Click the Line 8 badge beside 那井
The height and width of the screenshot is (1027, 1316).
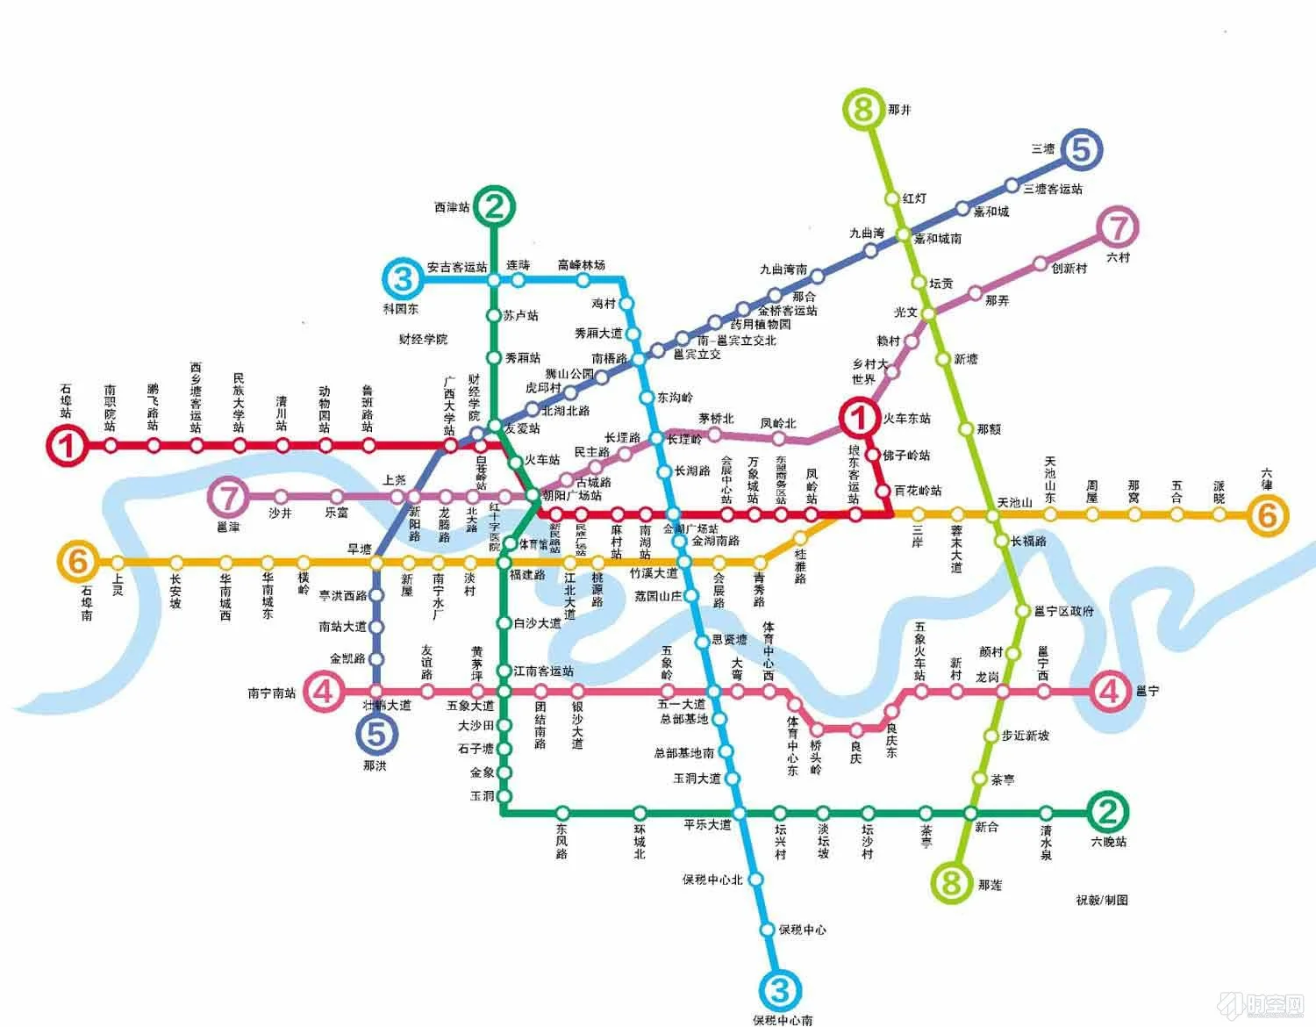tap(862, 110)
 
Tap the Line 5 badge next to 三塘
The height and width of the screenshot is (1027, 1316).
tap(1081, 150)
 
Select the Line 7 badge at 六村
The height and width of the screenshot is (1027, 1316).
tap(1117, 228)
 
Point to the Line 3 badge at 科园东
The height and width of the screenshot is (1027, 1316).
tap(403, 279)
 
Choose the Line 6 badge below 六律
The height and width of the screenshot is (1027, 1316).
tap(1267, 515)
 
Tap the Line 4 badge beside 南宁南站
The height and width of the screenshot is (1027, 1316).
tap(324, 692)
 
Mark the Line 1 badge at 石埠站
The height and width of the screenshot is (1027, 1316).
tap(67, 446)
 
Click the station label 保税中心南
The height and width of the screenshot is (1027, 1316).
tap(783, 1020)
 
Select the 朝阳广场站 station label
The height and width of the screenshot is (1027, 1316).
tap(572, 496)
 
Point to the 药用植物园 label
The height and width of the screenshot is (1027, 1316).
tap(761, 325)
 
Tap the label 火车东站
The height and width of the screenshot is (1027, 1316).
tap(907, 419)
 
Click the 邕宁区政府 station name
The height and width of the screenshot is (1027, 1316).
tap(1064, 611)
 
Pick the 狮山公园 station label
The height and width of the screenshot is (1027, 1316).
tap(569, 374)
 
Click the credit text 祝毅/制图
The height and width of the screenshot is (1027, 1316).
tap(1102, 900)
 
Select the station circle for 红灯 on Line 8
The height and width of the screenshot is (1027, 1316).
tap(892, 199)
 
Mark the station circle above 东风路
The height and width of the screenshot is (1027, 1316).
tap(562, 812)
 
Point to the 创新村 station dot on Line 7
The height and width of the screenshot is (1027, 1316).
tap(1040, 263)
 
